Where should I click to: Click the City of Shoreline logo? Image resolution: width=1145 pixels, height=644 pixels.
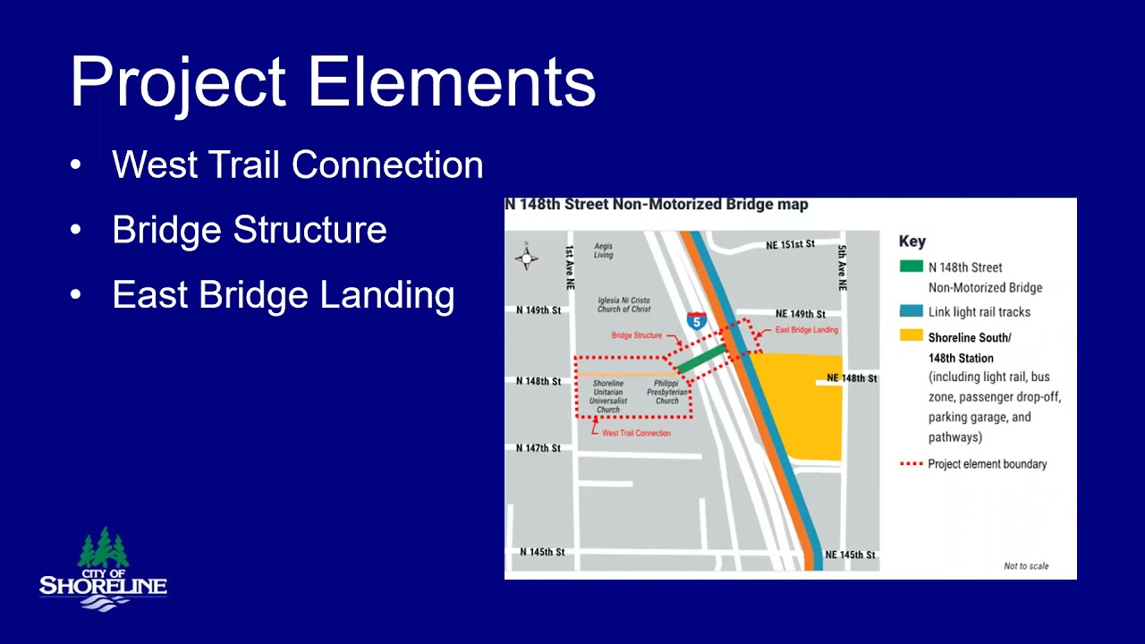[x=103, y=571]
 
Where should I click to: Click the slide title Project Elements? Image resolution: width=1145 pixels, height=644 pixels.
[x=333, y=81]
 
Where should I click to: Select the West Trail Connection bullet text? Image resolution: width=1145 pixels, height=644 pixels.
[x=297, y=165]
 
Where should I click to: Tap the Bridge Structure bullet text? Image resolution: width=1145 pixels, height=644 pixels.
[x=249, y=230]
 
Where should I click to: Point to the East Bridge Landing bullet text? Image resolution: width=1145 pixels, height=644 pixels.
[x=283, y=295]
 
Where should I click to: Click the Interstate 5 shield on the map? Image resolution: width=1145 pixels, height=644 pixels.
[x=696, y=320]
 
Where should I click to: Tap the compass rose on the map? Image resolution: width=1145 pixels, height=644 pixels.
[x=526, y=258]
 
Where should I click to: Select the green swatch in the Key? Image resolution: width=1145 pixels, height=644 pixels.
[x=911, y=267]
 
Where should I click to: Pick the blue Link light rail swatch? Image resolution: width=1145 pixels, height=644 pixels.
[x=911, y=311]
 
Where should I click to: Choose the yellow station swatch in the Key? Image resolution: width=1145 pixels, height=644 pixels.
[x=911, y=336]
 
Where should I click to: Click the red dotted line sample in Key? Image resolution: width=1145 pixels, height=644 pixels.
[x=911, y=464]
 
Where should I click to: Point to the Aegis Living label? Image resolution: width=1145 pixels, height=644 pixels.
[x=604, y=250]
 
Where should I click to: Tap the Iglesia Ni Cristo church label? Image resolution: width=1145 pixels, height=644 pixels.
[x=624, y=305]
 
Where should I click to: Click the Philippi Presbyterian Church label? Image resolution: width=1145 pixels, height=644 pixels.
[x=667, y=392]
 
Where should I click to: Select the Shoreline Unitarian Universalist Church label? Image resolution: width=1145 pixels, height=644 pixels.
[x=608, y=396]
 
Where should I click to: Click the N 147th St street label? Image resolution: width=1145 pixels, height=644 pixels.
[x=539, y=448]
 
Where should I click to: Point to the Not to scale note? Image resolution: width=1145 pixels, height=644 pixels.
[x=1026, y=566]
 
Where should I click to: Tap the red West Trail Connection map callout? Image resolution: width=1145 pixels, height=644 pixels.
[x=636, y=433]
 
